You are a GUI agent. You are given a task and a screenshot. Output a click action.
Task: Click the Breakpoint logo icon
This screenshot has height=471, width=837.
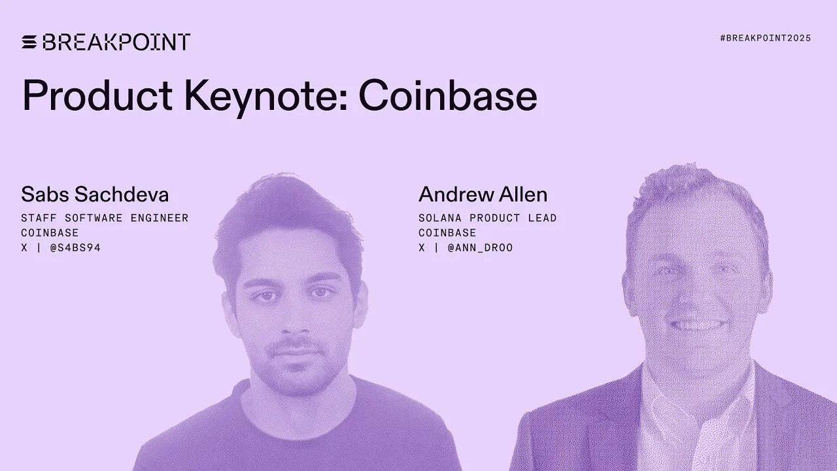(x=29, y=43)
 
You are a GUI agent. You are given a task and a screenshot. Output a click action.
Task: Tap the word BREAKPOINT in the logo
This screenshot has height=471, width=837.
(x=116, y=43)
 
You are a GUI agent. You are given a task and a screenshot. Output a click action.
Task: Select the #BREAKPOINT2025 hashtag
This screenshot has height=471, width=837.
(x=765, y=39)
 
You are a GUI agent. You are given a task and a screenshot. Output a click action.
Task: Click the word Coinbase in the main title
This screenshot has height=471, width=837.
(x=448, y=96)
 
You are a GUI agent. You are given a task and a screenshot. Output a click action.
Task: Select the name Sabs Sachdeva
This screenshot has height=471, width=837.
(x=95, y=194)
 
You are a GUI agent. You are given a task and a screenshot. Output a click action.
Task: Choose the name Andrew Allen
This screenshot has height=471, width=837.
(x=483, y=194)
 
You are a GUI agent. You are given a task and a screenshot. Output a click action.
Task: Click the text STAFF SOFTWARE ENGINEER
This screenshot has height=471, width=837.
(x=105, y=218)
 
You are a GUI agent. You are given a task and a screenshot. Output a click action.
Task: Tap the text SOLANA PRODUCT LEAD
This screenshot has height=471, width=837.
(x=487, y=218)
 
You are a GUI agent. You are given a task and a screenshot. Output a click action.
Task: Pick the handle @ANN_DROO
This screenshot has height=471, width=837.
(x=480, y=248)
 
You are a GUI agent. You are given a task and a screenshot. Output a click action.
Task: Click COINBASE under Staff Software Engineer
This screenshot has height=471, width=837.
(x=50, y=233)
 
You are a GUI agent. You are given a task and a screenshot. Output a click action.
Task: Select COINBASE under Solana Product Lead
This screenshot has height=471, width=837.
(x=447, y=233)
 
